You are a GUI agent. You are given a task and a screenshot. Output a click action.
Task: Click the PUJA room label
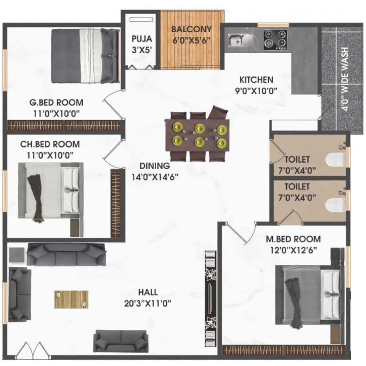pos(142,39)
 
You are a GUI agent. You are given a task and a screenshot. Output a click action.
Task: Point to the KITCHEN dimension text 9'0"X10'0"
pos(256,90)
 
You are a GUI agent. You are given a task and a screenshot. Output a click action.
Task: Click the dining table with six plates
pos(197,135)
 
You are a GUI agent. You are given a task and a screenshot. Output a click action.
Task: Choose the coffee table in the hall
pos(72,299)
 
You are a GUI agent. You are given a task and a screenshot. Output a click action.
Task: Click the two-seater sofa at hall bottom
pos(120,341)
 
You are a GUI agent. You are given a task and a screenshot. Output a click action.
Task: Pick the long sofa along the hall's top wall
pos(66,255)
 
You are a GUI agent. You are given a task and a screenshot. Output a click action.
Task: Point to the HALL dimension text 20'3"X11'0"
pos(148,303)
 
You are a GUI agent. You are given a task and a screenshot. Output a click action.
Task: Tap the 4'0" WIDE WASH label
pos(345,79)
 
